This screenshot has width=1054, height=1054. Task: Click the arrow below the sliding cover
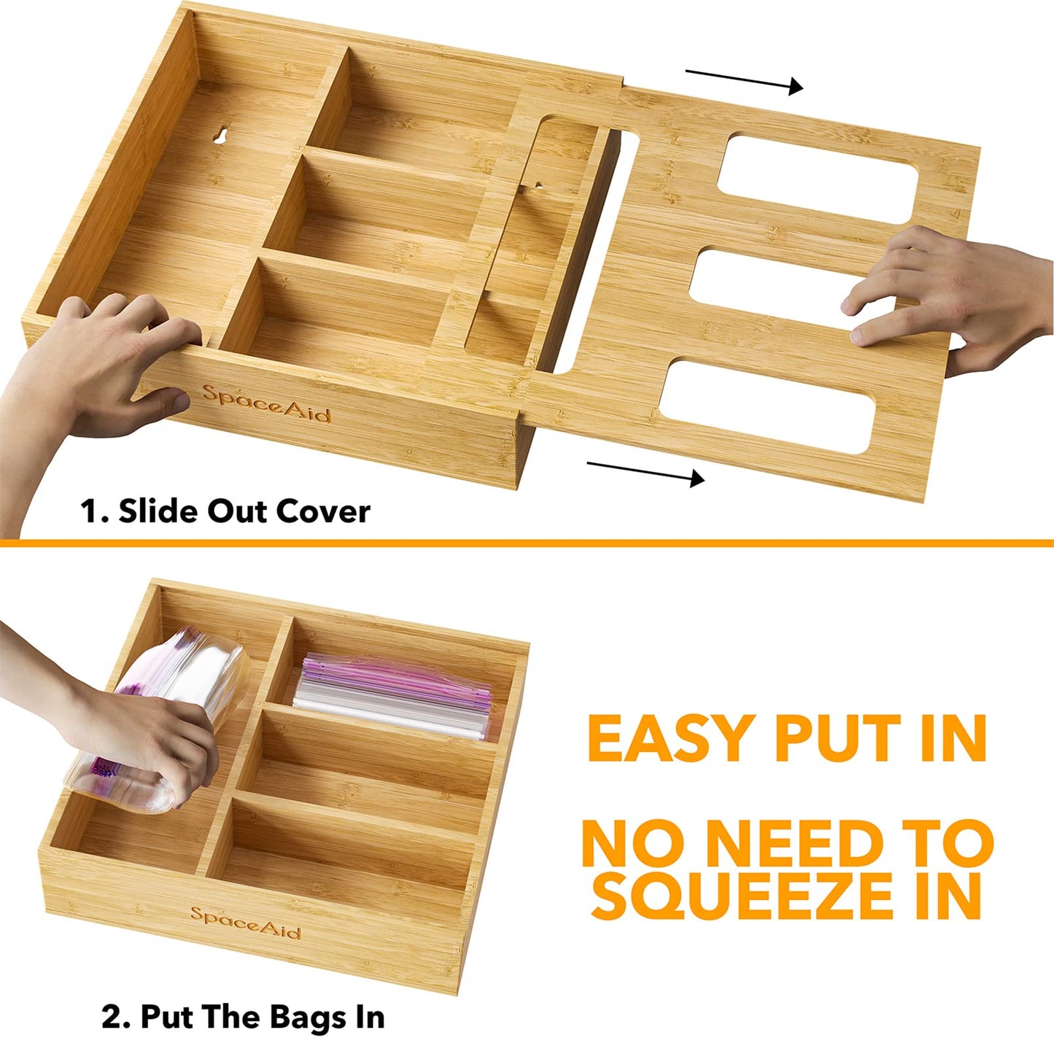click(646, 472)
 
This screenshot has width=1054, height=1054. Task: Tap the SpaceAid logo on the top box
click(266, 403)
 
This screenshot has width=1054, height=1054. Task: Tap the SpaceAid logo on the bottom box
click(245, 923)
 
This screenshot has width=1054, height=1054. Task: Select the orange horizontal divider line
click(527, 543)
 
